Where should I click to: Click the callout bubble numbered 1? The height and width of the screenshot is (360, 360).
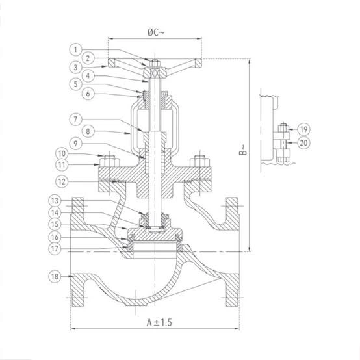coord(75,49)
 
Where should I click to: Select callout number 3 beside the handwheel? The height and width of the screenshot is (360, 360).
coord(75,68)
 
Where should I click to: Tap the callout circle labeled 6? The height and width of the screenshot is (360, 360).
coord(88,94)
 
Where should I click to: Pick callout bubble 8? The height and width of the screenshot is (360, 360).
coord(88,131)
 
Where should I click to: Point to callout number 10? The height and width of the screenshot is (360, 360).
coord(62,153)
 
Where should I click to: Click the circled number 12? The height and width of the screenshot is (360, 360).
coord(62,181)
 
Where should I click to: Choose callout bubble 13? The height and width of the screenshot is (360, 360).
coord(55,201)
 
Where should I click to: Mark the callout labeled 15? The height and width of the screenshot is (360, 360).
coord(55,224)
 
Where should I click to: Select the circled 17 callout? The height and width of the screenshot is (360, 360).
coord(55,249)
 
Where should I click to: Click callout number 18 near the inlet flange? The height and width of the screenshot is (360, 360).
coord(55,276)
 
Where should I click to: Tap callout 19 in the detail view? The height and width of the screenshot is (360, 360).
coord(303,129)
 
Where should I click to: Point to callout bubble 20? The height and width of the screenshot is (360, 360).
coord(303,143)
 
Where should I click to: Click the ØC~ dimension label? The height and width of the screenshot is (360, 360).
coord(156,32)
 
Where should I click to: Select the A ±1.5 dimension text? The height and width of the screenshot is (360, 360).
coord(159,322)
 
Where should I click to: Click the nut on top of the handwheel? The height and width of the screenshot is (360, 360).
coord(155,64)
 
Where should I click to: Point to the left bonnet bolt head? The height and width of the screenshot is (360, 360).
coord(109,161)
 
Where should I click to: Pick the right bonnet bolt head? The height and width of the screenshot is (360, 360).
coord(199,161)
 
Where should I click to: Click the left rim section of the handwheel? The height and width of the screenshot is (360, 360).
coord(112,63)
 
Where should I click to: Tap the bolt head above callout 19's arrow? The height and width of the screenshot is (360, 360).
coord(283,128)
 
